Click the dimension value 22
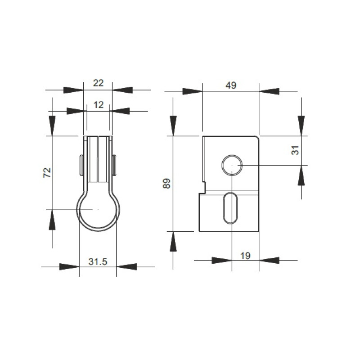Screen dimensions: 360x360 pyautogui.click(x=98, y=83)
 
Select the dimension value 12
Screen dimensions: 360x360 pyautogui.click(x=99, y=105)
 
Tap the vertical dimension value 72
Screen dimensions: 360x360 pyautogui.click(x=47, y=172)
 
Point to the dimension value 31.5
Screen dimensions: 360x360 pyautogui.click(x=98, y=261)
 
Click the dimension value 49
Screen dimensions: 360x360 pyautogui.click(x=231, y=85)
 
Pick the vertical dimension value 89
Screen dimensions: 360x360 pyautogui.click(x=166, y=183)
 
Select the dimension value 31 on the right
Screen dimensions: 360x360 pyautogui.click(x=296, y=150)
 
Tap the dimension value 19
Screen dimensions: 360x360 pyautogui.click(x=245, y=256)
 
